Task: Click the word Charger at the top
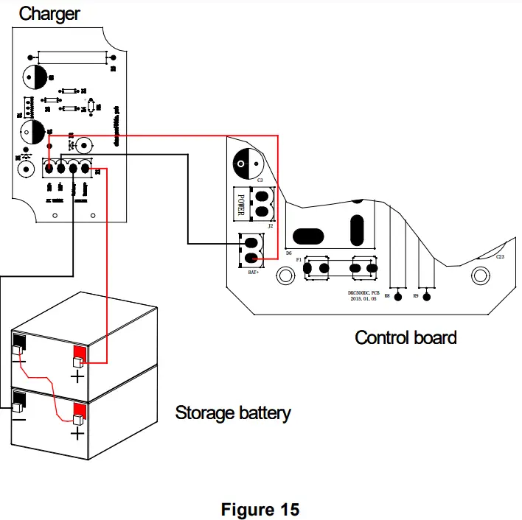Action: pos(49,13)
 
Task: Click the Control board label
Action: pos(406,337)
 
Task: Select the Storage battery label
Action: pos(232,412)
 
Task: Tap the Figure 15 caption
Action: pos(260,509)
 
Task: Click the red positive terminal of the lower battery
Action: pos(79,410)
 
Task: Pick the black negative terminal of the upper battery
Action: pos(19,343)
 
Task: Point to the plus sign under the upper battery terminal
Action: pos(77,377)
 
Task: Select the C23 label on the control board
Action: pos(500,257)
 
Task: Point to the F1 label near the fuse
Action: pos(298,260)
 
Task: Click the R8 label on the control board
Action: pos(387,295)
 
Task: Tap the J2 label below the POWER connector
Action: pos(271,226)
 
